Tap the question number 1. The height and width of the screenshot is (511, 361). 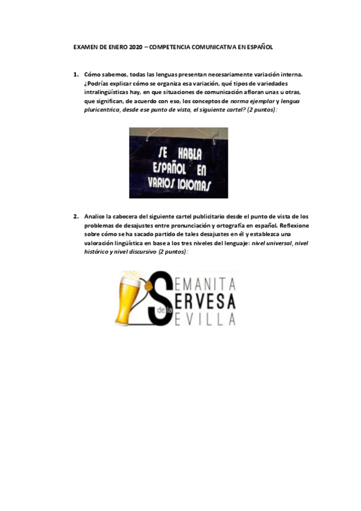point(76,75)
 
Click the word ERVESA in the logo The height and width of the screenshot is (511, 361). point(208,301)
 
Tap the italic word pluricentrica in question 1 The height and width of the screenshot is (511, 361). point(102,111)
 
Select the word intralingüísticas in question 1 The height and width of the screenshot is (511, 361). point(109,93)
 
